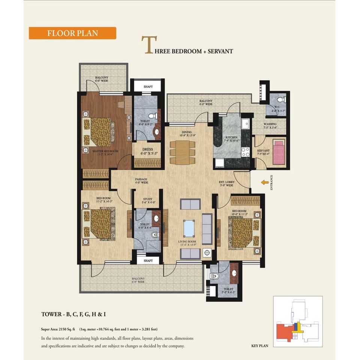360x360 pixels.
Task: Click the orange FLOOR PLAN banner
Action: [x=72, y=33]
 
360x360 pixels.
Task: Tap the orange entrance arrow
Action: [x=265, y=182]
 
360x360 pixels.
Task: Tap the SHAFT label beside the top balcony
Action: [x=148, y=87]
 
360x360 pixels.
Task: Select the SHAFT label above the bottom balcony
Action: [x=148, y=260]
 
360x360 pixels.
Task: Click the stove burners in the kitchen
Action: [x=245, y=151]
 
